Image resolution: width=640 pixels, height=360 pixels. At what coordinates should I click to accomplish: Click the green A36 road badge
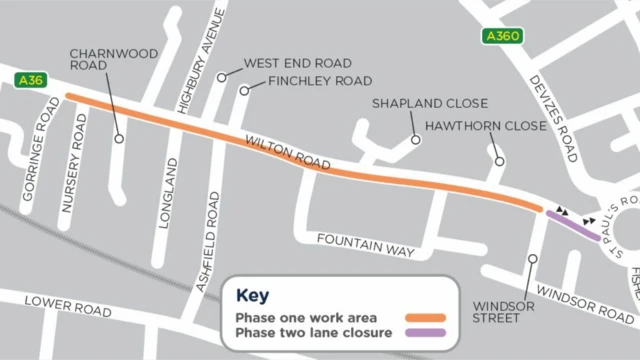click(30, 79)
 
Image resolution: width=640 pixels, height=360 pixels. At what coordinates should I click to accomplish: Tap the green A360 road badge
click(501, 37)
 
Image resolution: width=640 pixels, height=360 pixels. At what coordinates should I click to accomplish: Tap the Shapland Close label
click(429, 103)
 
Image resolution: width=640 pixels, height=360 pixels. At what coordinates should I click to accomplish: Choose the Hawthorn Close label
click(486, 127)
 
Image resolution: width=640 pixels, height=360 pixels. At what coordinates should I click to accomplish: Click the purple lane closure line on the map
click(573, 225)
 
